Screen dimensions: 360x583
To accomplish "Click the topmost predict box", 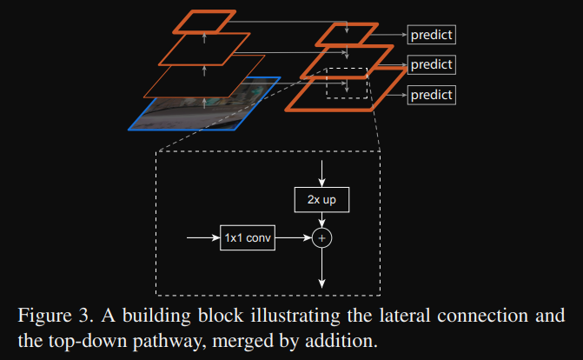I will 432,35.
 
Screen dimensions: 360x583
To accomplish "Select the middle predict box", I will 432,64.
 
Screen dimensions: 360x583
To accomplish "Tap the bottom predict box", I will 432,94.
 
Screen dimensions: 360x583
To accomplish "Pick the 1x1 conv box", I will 248,236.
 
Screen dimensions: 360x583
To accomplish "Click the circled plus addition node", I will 322,236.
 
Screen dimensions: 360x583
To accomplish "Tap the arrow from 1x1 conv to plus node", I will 294,236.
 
